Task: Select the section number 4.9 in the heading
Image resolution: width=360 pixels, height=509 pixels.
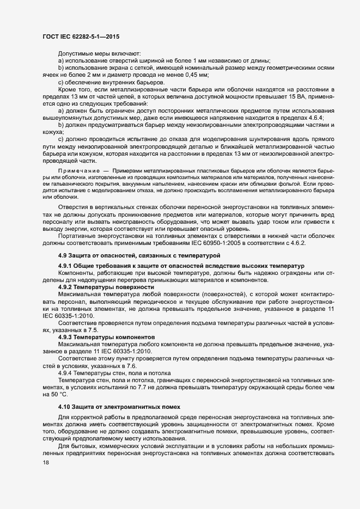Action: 63,255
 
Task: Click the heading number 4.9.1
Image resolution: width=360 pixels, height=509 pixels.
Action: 65,265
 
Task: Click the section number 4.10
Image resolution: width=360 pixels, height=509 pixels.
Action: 65,407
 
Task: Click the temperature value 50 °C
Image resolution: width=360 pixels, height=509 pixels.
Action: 56,394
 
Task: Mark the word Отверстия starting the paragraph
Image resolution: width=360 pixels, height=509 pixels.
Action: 74,208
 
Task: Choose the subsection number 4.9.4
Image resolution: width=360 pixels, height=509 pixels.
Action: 65,373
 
